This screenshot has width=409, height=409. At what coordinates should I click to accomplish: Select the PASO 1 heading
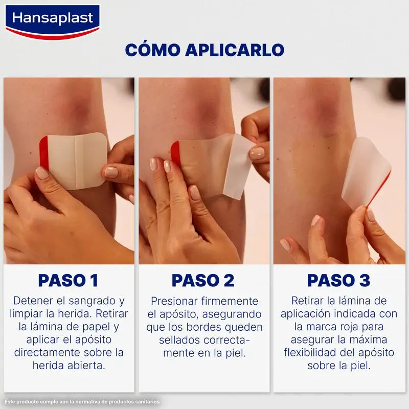[68, 280]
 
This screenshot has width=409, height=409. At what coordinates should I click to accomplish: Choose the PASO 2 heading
[203, 280]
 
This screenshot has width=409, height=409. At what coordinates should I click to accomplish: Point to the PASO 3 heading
[338, 280]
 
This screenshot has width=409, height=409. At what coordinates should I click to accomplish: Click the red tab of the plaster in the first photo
[43, 153]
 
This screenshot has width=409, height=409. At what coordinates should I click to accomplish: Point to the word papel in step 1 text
[96, 327]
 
